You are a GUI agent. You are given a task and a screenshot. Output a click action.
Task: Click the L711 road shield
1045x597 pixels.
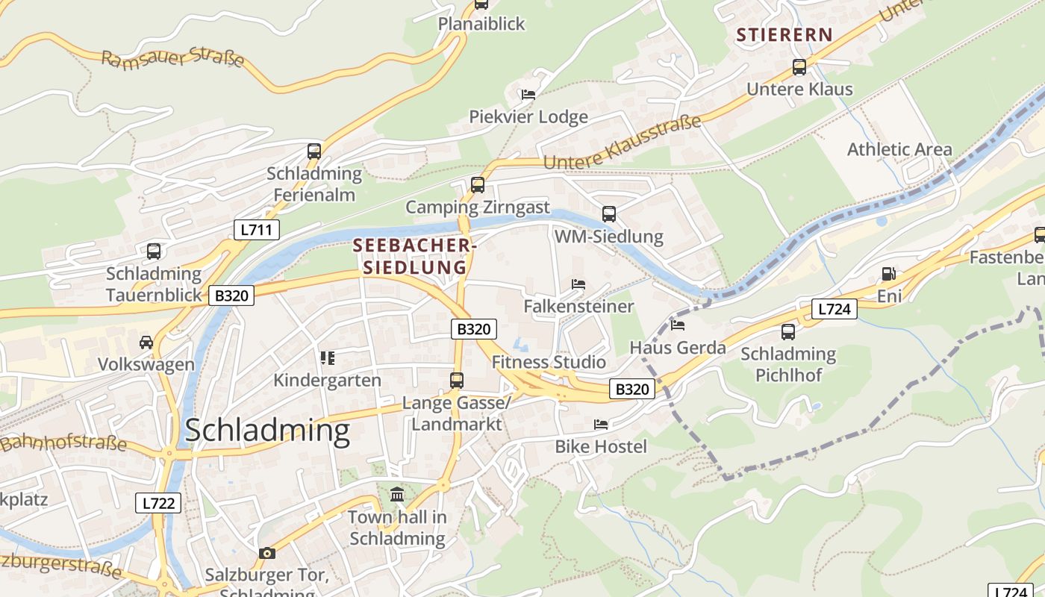click(x=256, y=230)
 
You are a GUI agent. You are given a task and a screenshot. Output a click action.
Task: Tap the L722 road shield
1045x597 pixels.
click(x=158, y=503)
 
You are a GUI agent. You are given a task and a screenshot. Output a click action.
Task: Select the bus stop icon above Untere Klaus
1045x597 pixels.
click(x=799, y=67)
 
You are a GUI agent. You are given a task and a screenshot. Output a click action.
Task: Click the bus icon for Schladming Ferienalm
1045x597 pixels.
click(x=314, y=151)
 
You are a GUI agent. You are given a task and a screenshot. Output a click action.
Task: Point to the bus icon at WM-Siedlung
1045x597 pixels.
click(x=609, y=214)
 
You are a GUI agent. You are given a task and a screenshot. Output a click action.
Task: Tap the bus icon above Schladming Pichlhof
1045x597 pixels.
click(x=788, y=331)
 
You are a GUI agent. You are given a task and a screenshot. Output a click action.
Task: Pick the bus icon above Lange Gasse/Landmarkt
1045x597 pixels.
click(x=457, y=381)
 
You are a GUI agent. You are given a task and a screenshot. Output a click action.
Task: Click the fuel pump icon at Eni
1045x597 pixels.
click(x=888, y=274)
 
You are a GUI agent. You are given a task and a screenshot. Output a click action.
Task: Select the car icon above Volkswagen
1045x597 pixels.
click(x=146, y=343)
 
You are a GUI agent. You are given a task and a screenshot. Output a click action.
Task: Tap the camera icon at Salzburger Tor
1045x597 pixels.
click(x=267, y=553)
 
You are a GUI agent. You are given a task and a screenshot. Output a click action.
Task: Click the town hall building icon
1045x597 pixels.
click(x=397, y=494)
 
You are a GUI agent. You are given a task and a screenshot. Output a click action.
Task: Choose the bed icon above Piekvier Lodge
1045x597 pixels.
click(x=528, y=95)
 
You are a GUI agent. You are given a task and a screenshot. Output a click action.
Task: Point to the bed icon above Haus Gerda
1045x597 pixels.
click(x=678, y=325)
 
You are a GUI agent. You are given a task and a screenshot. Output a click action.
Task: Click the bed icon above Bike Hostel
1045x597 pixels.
click(x=601, y=425)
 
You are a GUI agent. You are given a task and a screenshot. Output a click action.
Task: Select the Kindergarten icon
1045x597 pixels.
click(x=327, y=358)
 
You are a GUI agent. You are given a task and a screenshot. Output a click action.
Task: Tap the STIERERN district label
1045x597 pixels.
click(x=784, y=34)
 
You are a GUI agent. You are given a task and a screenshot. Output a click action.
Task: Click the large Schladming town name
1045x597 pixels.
click(x=267, y=431)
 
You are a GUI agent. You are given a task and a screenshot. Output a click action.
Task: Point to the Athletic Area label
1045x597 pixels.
click(x=899, y=149)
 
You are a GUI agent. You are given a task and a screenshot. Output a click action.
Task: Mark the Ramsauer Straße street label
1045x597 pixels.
click(x=172, y=59)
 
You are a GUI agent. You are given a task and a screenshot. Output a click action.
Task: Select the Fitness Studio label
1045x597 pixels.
click(x=549, y=363)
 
